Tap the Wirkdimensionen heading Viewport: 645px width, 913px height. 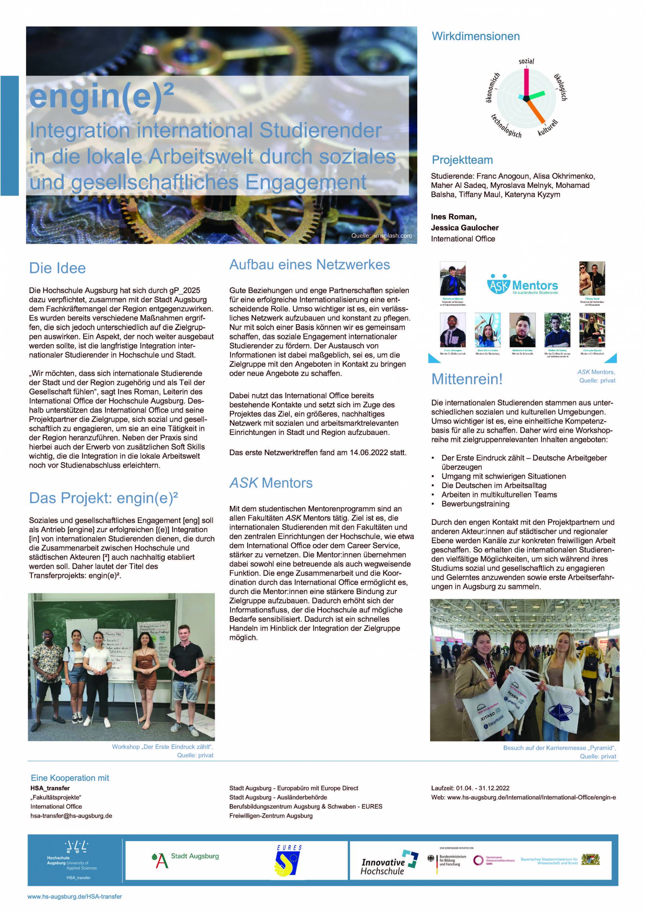coord(476,36)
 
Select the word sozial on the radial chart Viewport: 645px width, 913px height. coord(526,61)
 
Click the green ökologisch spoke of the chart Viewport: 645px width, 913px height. coord(537,94)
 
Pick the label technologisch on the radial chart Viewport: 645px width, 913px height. coord(506,126)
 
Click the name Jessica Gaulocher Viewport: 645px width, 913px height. coord(465,228)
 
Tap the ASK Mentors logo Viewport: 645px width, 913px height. coord(522,285)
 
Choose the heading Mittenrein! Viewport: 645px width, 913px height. coord(467,379)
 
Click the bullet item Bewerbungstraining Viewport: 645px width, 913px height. coord(475,504)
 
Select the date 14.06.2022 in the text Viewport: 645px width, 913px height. coord(369,452)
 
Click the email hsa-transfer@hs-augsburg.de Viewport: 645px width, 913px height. coord(71,816)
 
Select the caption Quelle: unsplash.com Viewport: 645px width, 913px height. coord(381,236)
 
